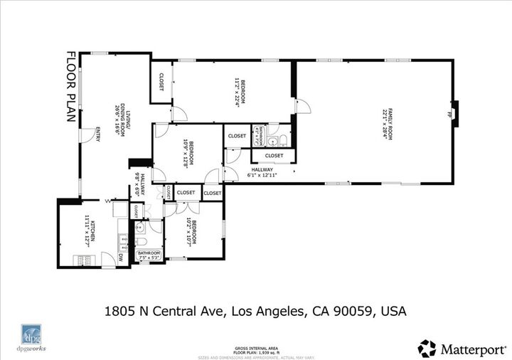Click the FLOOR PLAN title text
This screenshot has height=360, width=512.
pyautogui.click(x=71, y=87)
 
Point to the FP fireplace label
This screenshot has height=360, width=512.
pyautogui.click(x=449, y=115)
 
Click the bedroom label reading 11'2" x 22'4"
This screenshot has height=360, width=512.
pyautogui.click(x=240, y=90)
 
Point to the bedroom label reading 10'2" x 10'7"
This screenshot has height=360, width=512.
pyautogui.click(x=191, y=231)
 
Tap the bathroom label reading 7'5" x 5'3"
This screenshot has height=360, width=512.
pyautogui.click(x=149, y=255)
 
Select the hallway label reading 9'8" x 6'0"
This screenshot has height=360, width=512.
pyautogui.click(x=139, y=185)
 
